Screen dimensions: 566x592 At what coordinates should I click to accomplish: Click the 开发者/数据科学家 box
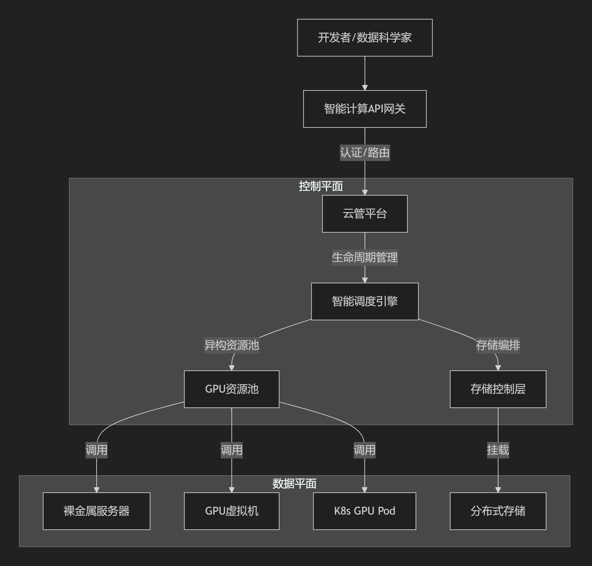(365, 38)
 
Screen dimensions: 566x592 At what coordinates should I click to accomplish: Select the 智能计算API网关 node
(365, 109)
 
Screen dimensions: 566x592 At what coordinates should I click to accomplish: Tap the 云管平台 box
(365, 214)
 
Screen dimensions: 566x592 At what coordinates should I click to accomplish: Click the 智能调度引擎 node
(365, 302)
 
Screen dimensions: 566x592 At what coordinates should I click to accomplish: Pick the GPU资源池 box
(232, 389)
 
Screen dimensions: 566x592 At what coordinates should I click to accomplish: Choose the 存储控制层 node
(498, 389)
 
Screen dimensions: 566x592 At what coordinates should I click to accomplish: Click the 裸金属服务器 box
(97, 511)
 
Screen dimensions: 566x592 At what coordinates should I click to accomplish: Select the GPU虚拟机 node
(232, 511)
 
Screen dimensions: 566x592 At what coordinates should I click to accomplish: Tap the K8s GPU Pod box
(365, 511)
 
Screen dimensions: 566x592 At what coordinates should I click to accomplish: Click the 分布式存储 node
(498, 511)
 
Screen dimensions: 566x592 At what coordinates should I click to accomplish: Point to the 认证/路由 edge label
(365, 153)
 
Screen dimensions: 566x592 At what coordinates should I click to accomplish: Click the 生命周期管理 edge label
(365, 258)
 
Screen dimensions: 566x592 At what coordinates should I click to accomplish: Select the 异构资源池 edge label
(232, 345)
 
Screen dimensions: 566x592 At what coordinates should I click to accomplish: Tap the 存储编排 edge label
(498, 345)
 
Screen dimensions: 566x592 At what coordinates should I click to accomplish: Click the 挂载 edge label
(498, 450)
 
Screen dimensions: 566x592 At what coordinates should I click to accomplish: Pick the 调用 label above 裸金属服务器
(97, 450)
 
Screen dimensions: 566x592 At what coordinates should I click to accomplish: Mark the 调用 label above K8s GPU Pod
(365, 450)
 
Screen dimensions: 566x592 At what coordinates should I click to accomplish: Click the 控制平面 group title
(321, 186)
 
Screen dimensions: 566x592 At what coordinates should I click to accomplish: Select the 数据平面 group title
(294, 484)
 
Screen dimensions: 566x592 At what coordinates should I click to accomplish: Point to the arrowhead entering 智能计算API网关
(365, 88)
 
